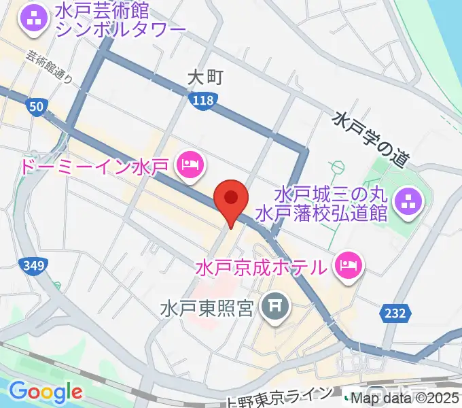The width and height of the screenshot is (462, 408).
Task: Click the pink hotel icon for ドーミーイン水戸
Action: pos(190,164)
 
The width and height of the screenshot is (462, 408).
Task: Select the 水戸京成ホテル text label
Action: pos(264,267)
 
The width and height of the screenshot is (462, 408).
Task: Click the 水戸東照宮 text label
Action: pos(208,309)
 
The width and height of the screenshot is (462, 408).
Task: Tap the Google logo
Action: pos(46,392)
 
